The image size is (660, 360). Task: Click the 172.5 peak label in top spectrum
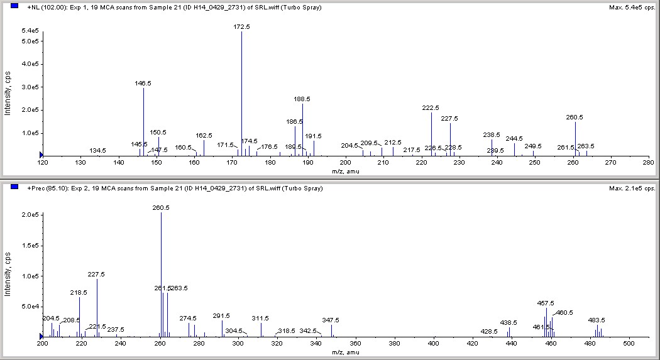241,27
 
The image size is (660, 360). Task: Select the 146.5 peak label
143,83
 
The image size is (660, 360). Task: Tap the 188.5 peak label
302,99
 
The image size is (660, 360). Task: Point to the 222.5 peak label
431,108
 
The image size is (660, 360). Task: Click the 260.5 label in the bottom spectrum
161,207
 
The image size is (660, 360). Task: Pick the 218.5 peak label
79,292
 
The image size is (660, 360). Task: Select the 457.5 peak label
546,303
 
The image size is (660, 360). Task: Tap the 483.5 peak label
597,320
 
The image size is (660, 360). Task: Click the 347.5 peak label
331,320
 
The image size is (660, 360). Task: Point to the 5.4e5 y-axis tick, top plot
30,31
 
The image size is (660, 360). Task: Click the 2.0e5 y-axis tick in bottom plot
30,215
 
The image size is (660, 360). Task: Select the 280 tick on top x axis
649,163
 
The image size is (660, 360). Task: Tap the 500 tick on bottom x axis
629,344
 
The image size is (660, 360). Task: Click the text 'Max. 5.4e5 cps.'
632,8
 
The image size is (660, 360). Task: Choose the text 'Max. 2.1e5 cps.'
632,188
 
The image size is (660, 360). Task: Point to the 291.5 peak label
222,316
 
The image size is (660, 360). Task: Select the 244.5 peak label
514,138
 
